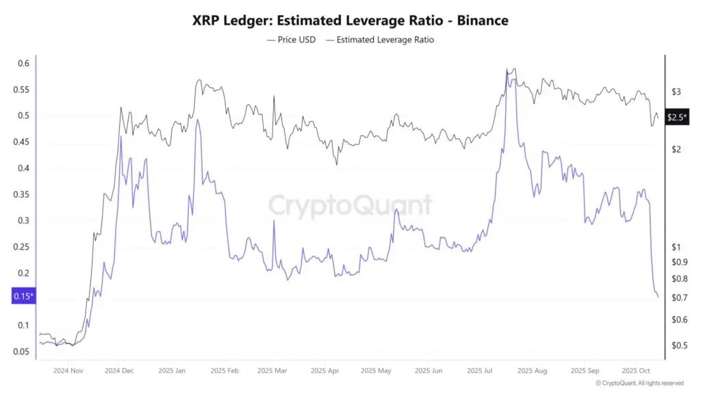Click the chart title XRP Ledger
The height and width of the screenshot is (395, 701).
[350, 21]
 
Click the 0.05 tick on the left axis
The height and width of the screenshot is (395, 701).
[21, 352]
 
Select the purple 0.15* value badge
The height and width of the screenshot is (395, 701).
[23, 296]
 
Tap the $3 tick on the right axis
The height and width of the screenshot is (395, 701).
[676, 91]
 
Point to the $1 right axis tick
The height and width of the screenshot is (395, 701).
[676, 247]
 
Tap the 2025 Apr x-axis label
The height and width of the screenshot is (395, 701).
[325, 370]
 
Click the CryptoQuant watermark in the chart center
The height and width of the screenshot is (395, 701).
[350, 205]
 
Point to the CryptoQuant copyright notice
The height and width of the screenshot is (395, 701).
[639, 383]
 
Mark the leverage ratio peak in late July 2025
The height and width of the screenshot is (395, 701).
[507, 71]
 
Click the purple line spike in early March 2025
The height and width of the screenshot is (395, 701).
[274, 221]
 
